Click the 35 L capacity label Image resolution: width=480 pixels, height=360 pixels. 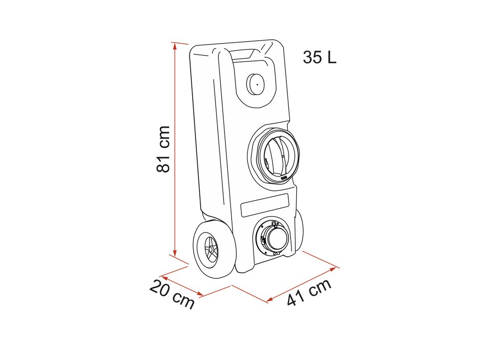(x=319, y=57)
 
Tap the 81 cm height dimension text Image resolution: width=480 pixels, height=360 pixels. (x=163, y=149)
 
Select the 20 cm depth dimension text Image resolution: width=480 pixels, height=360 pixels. (x=172, y=294)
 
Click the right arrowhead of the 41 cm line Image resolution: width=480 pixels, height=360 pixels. (x=335, y=269)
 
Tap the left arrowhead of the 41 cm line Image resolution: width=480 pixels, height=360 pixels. (x=269, y=300)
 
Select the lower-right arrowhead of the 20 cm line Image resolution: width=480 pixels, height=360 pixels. (x=201, y=295)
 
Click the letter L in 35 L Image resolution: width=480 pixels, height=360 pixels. (x=332, y=57)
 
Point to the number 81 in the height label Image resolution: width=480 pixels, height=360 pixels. (x=163, y=161)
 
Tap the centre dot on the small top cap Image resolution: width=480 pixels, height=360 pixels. (x=256, y=84)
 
